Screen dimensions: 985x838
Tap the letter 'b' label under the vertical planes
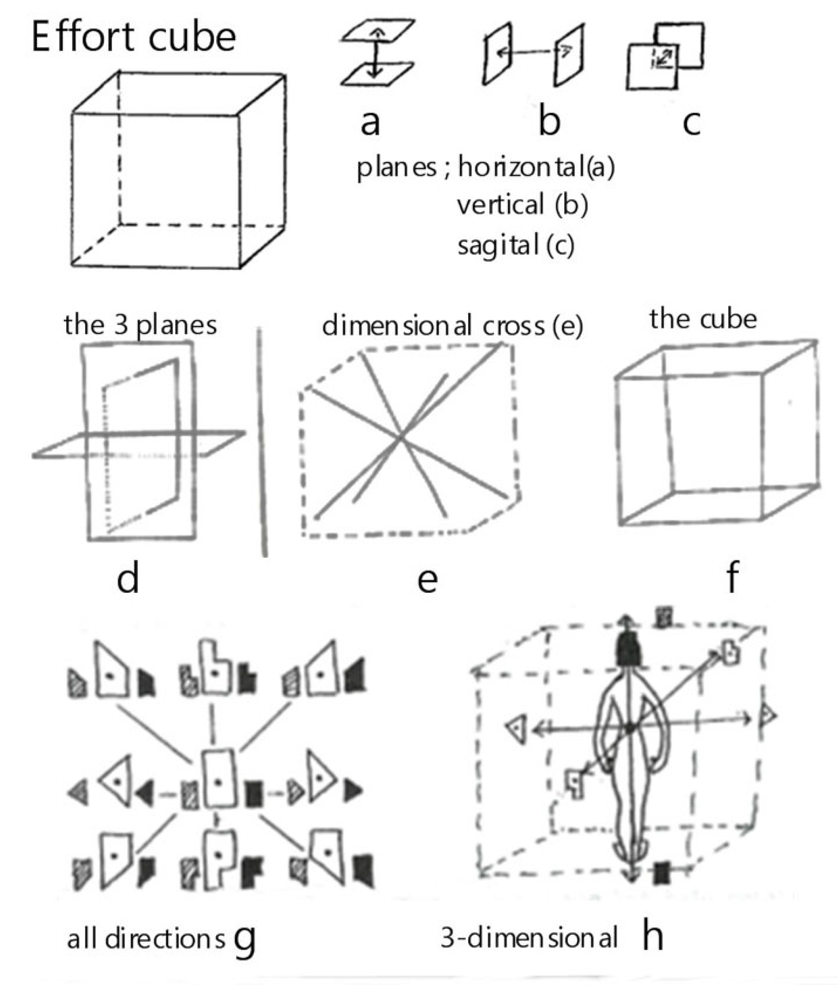pos(549,121)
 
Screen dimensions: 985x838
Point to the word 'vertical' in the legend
pos(500,205)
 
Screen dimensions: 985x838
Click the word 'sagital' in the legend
pos(497,245)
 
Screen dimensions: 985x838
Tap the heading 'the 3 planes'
pos(140,326)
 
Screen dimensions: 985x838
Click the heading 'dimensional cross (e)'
pos(452,326)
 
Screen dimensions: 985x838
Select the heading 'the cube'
pos(703,319)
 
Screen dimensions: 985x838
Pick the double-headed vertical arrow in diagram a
pos(376,53)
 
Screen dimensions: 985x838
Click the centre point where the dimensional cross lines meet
pos(401,437)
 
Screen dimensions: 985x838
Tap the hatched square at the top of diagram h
pos(664,618)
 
